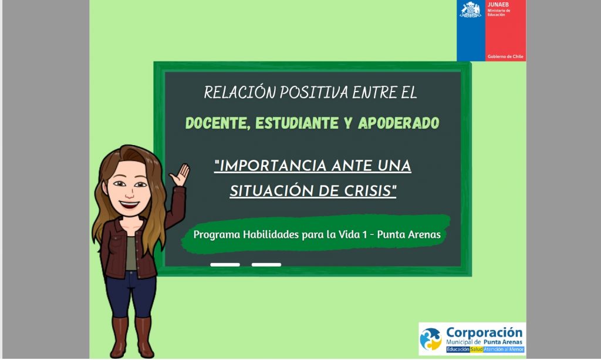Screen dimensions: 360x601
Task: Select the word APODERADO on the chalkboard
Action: (x=399, y=123)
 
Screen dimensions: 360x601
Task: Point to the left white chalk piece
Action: (x=225, y=265)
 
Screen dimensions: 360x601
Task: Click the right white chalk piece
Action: (x=266, y=265)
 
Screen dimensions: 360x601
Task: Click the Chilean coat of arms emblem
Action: (x=470, y=10)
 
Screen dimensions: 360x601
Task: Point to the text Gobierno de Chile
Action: (x=505, y=57)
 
